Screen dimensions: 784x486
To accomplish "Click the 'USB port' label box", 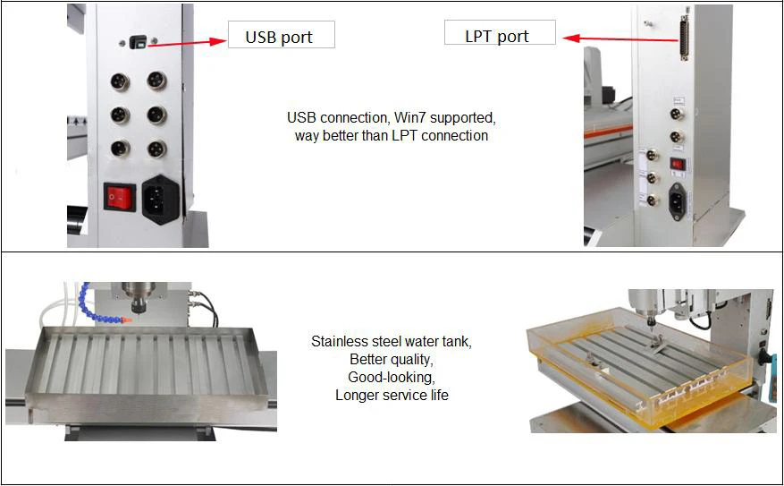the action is pos(282,35).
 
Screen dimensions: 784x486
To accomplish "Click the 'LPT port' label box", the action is pos(500,32).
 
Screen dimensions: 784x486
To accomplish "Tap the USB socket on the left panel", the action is pos(138,42).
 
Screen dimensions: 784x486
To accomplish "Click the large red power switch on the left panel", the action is pos(120,197).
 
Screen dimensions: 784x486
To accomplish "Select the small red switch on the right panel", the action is pos(677,164).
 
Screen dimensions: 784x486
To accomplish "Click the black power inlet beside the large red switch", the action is pos(161,199).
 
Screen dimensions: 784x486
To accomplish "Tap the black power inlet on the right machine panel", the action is pos(677,200).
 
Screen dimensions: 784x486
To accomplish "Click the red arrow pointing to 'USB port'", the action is pos(188,43).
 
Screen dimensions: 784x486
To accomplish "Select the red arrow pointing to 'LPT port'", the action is pos(621,38).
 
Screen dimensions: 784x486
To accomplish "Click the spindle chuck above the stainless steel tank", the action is pos(139,303).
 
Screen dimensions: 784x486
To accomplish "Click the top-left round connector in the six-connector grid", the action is pos(120,81).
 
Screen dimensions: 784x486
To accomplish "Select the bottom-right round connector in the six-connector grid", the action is pos(156,149).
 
